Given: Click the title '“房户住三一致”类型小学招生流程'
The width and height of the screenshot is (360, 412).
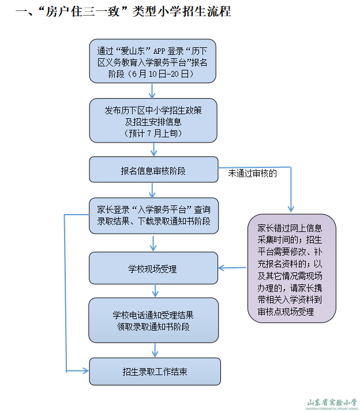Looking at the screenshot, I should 124,12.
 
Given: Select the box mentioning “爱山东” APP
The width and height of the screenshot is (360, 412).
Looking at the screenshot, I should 153,60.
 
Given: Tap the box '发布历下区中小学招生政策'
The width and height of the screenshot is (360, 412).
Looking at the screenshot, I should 153,120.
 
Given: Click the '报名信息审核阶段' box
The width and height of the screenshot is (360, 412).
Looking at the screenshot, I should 153,171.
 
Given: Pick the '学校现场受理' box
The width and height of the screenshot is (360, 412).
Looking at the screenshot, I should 153,268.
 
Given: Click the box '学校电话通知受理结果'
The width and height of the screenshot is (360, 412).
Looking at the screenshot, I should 153,320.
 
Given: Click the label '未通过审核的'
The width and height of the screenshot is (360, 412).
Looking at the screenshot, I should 252,173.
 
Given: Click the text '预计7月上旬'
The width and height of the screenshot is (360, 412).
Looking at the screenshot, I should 153,133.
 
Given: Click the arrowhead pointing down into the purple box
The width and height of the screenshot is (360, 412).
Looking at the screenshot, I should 291,209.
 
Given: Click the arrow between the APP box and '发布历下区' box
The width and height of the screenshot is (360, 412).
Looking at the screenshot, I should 153,91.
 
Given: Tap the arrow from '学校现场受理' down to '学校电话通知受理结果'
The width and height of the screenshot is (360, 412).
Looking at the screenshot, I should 153,291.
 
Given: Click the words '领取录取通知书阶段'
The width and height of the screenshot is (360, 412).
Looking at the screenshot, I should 153,327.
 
